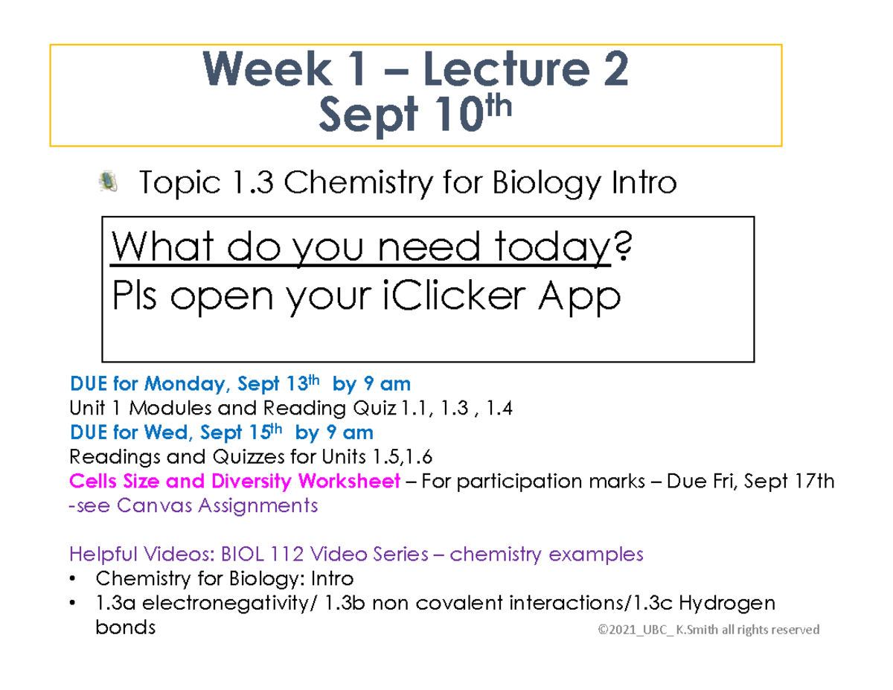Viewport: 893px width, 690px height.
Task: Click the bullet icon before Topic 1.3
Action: tap(109, 181)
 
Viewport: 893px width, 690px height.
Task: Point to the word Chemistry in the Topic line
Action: tap(343, 182)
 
